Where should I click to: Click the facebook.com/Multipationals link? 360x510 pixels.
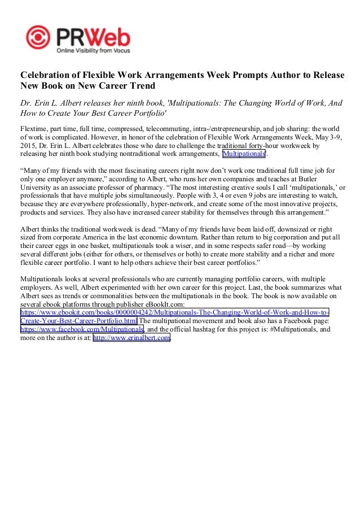(82, 329)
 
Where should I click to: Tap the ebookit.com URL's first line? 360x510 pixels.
(175, 312)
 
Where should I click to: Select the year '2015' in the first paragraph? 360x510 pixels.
(29, 145)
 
